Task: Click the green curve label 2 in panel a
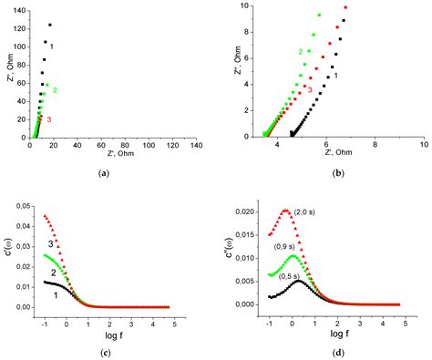click(x=55, y=89)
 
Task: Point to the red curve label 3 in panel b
click(x=310, y=90)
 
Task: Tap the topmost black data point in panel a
click(x=50, y=25)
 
